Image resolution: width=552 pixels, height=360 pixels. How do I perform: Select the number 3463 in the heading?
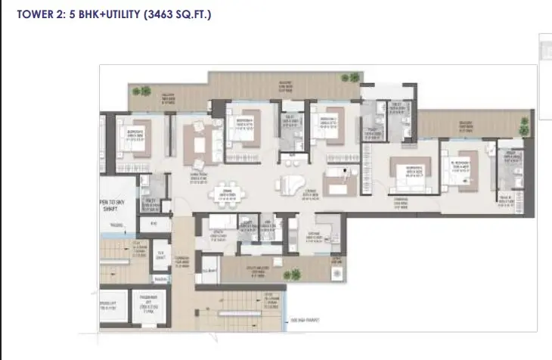pyautogui.click(x=155, y=13)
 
